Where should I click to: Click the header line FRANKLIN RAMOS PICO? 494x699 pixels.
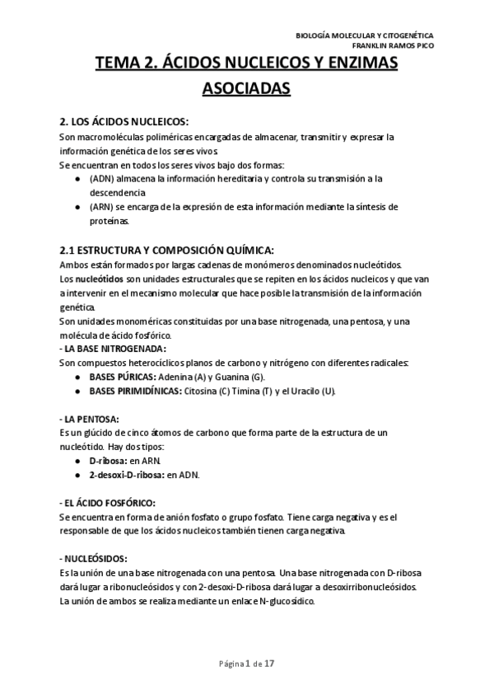(389, 45)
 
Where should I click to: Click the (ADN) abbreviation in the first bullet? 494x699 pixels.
(102, 178)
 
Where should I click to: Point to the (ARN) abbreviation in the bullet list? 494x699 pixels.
(102, 206)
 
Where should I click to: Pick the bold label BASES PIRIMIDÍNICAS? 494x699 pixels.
(136, 391)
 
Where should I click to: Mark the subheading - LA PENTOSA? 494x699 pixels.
(90, 419)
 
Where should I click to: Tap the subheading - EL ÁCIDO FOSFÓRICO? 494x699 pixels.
(107, 503)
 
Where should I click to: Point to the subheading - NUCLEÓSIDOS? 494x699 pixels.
(94, 559)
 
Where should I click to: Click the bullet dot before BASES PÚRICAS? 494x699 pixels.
(77, 377)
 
